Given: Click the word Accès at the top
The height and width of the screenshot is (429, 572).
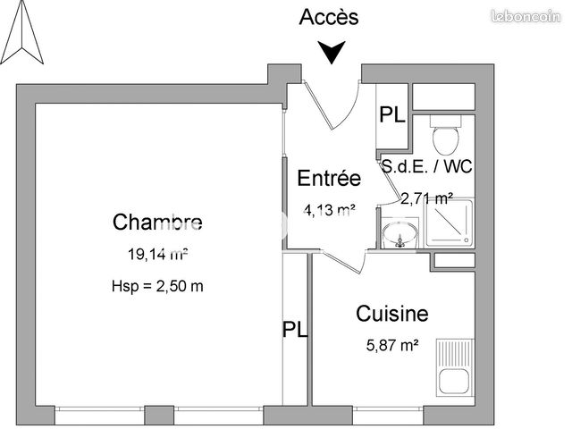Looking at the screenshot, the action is tap(329, 17).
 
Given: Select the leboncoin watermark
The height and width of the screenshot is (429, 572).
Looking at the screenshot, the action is tap(526, 16).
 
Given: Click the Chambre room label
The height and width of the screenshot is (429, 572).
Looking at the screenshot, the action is tap(157, 222).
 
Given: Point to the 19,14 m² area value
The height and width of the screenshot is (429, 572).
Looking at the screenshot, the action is tap(157, 254).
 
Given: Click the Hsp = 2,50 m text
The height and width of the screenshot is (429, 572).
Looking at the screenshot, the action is tap(157, 286).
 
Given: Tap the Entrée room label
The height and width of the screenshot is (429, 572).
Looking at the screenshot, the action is tap(329, 178).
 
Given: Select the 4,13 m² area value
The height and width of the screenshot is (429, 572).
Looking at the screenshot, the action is tap(330, 210).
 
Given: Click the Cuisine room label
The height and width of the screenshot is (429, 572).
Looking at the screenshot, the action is tap(392, 314).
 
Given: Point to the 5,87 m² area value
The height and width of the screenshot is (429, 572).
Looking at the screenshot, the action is tap(392, 345).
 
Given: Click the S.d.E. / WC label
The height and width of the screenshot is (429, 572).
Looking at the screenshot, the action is tap(427, 167).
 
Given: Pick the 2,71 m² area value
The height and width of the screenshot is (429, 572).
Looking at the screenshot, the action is tap(427, 198).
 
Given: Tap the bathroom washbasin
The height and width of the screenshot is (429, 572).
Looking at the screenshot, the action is tap(400, 233).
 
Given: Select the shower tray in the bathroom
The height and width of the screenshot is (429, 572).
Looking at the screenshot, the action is tap(449, 223).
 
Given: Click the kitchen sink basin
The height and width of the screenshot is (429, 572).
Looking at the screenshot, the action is tap(454, 382).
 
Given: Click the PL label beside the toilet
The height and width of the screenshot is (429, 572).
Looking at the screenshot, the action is tap(392, 114).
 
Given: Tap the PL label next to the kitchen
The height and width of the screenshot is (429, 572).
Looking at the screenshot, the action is tap(295, 329).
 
